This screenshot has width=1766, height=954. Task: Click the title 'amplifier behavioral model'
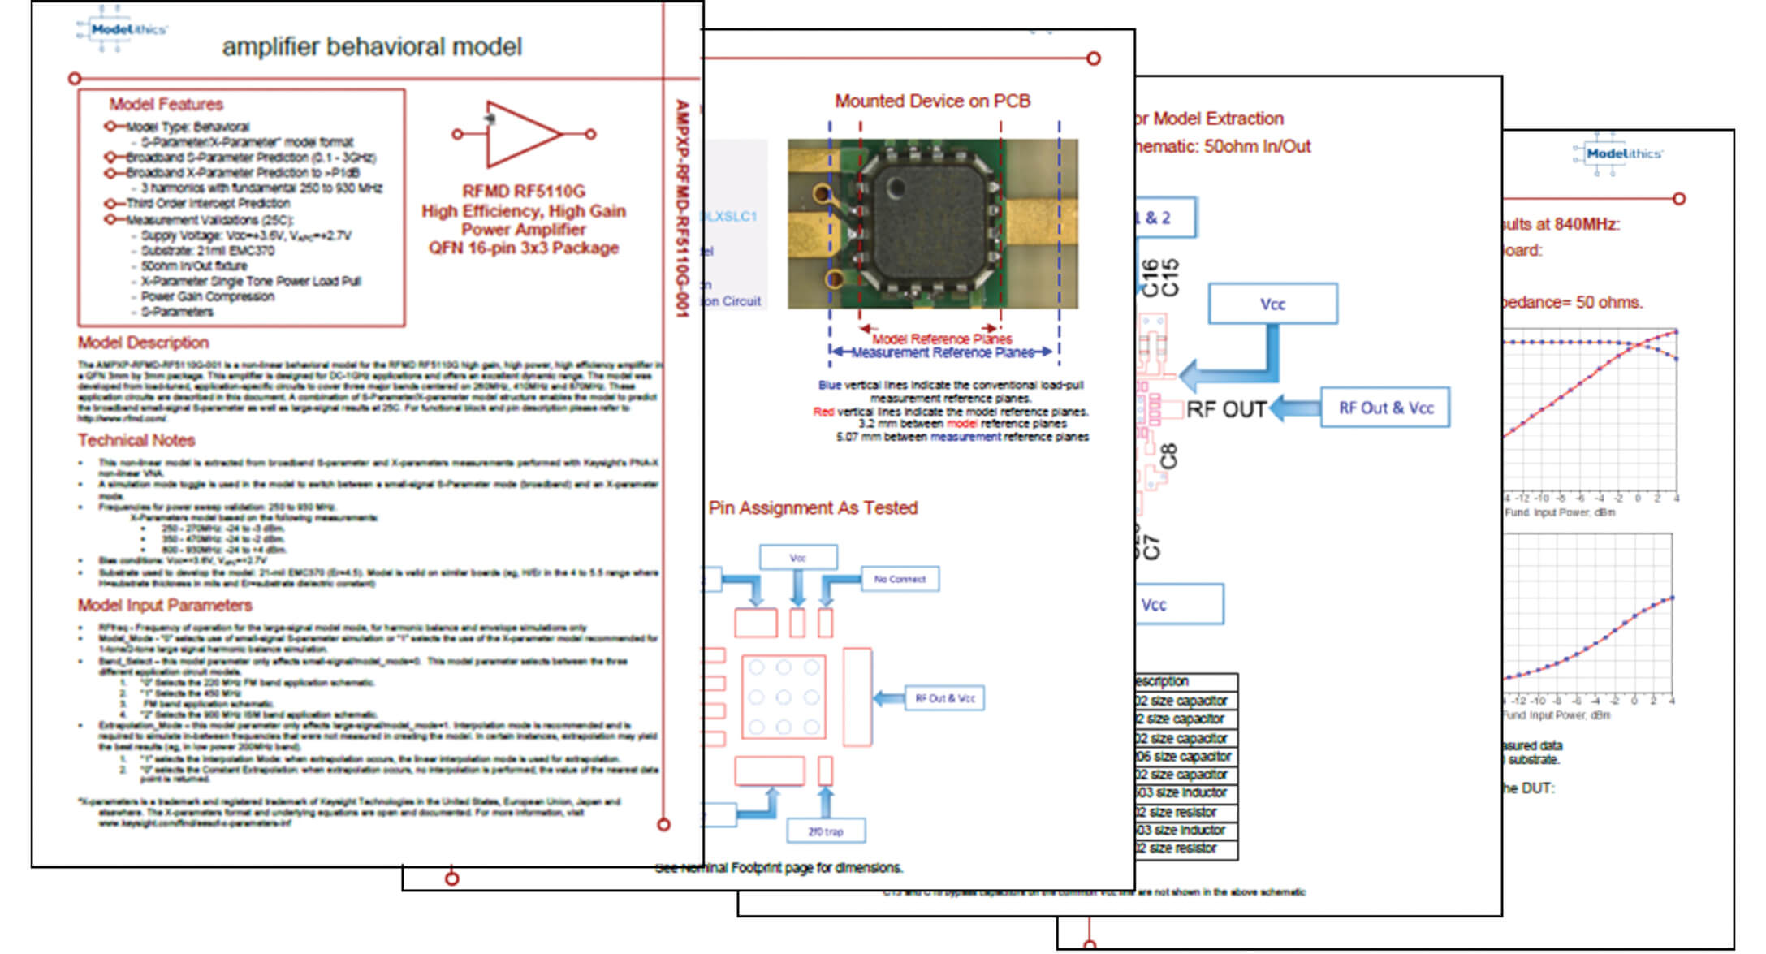(x=372, y=47)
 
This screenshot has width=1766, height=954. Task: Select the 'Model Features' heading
(x=166, y=105)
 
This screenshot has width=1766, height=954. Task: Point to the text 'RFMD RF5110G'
(x=523, y=192)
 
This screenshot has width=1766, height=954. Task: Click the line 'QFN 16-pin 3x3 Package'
(x=523, y=248)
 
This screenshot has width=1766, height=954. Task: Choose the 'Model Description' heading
(x=143, y=343)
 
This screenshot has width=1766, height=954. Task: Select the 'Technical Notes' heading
(x=136, y=440)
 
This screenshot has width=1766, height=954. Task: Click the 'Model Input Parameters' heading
(x=165, y=605)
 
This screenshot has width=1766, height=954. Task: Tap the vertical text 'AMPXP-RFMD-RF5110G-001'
(x=682, y=208)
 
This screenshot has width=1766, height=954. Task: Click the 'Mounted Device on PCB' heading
(x=932, y=101)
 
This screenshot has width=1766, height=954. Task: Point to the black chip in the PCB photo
(x=925, y=223)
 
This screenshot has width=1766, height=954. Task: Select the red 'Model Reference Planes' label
(x=942, y=339)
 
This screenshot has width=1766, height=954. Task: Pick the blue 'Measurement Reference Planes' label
(x=942, y=352)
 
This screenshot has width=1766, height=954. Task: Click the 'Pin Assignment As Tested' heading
(x=813, y=508)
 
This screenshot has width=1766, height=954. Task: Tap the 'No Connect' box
(x=900, y=579)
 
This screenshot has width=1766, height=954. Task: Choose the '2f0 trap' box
(x=825, y=831)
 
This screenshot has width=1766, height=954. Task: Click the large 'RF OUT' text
(x=1226, y=409)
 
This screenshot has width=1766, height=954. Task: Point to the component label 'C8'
(x=1168, y=456)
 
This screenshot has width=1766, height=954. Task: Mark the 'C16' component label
(x=1150, y=278)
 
